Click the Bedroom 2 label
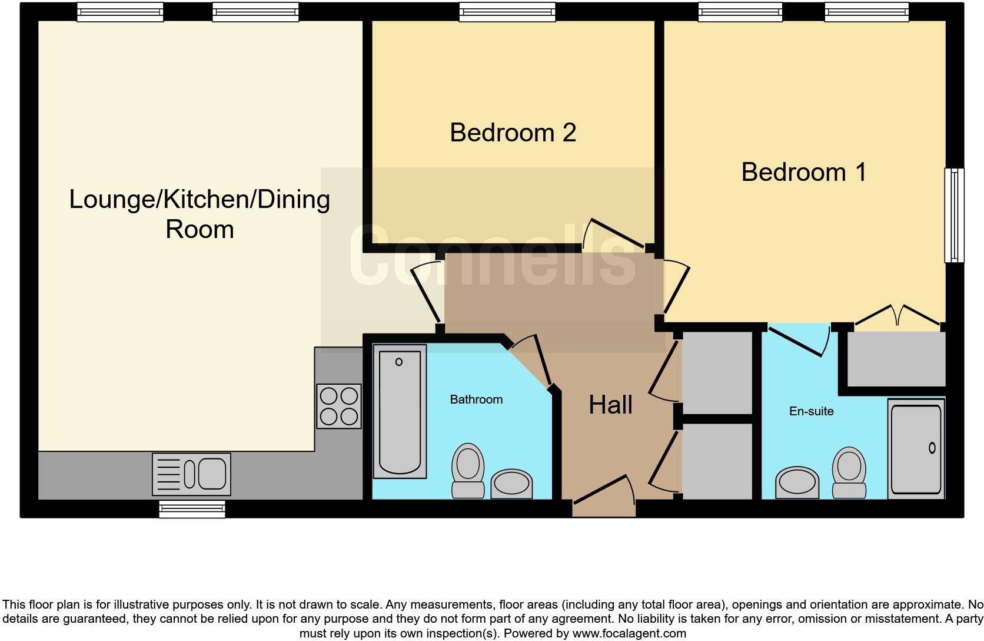(x=513, y=133)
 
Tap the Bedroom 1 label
(x=804, y=171)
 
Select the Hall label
(x=610, y=405)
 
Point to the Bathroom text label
(x=476, y=399)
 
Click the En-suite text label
(x=812, y=411)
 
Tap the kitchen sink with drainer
(x=191, y=474)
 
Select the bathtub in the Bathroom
(x=400, y=411)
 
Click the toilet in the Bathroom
(x=468, y=470)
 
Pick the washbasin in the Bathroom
(x=511, y=484)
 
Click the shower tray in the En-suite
(x=916, y=448)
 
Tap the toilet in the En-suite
(x=849, y=473)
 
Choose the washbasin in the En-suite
(x=797, y=483)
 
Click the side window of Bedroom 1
(x=954, y=215)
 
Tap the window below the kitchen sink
(x=192, y=509)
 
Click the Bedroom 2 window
(x=507, y=12)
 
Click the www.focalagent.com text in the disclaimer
(x=629, y=633)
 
